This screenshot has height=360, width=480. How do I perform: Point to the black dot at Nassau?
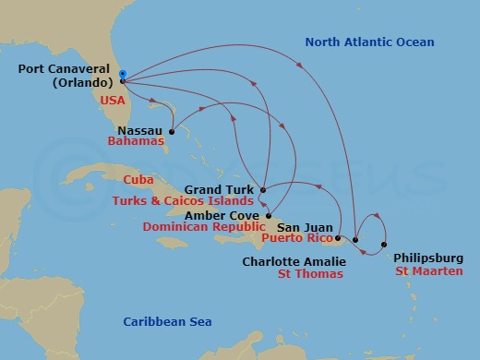172,131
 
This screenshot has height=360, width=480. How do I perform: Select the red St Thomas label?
311,273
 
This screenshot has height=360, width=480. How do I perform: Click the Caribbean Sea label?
168,321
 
